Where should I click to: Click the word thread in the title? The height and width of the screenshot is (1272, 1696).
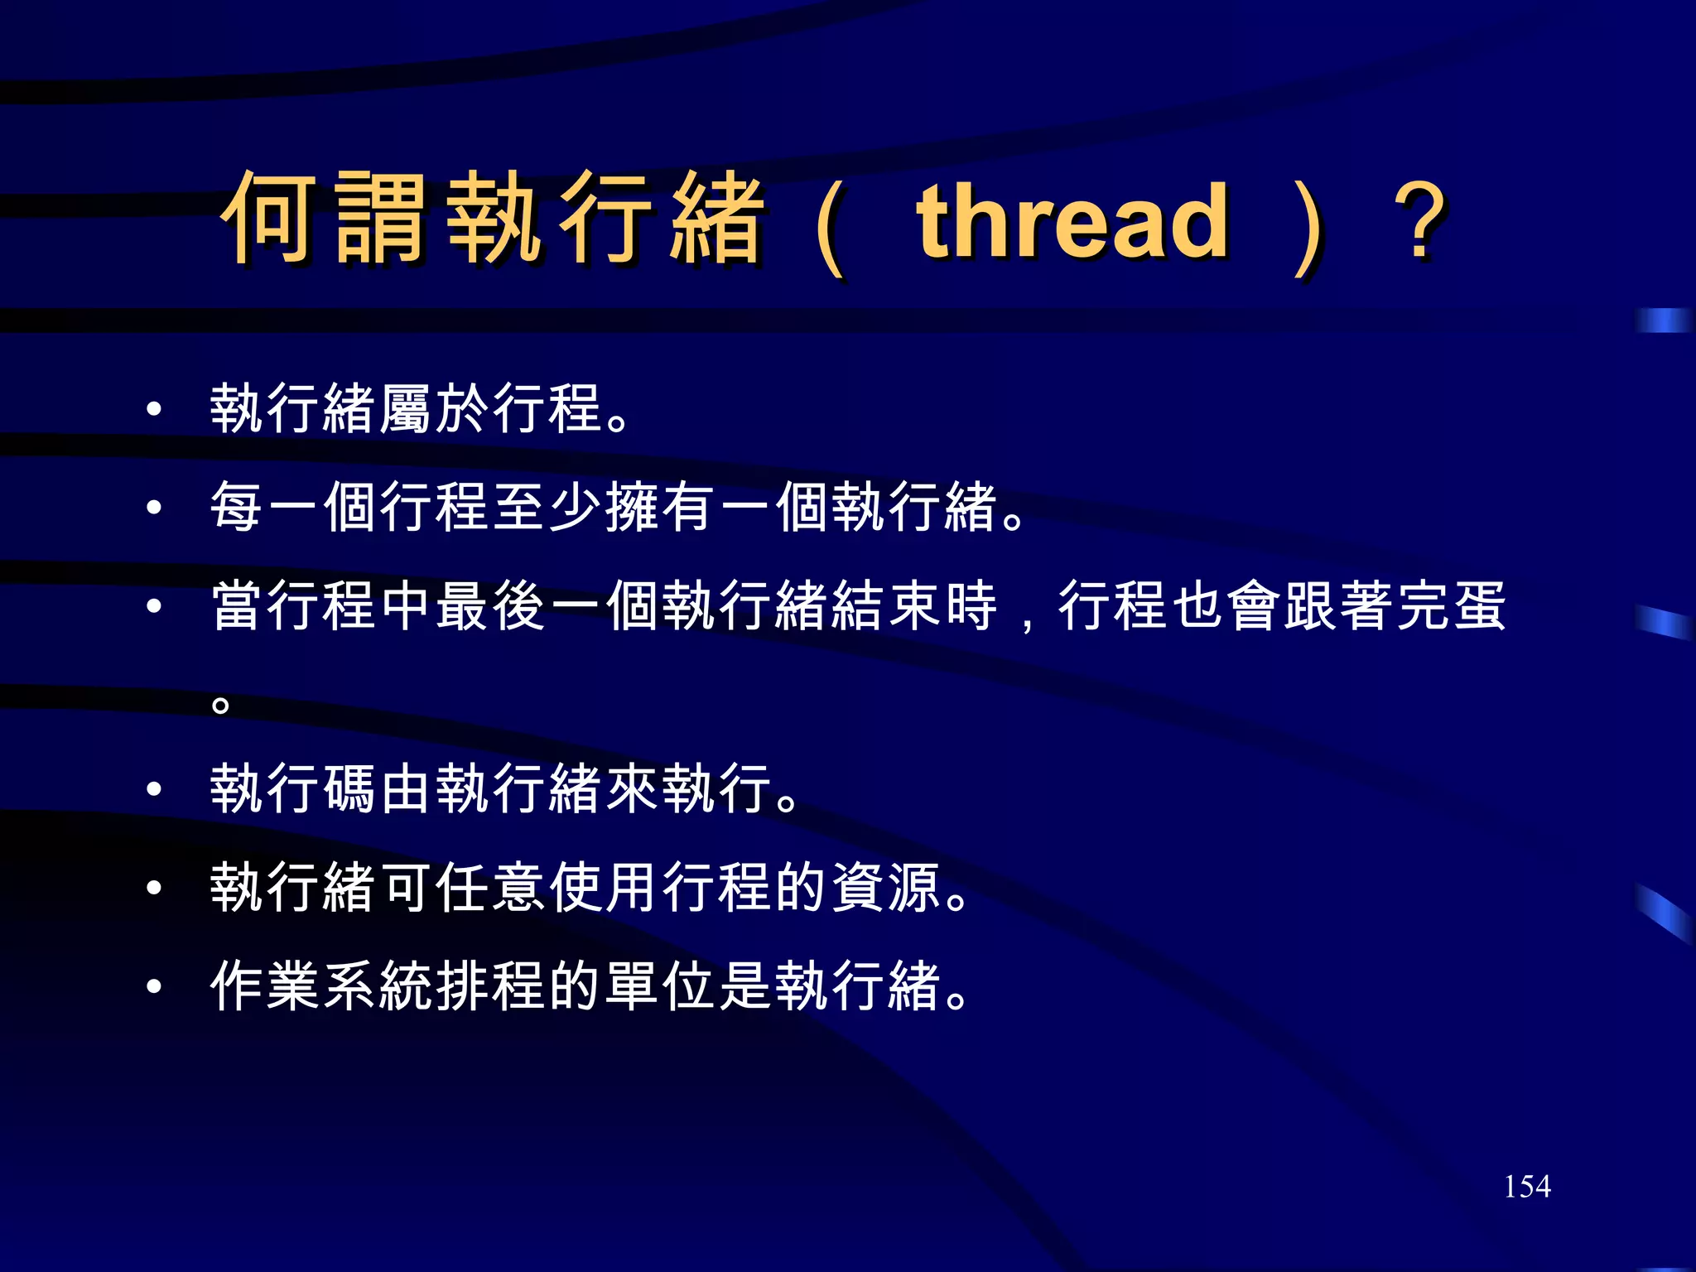pyautogui.click(x=1072, y=221)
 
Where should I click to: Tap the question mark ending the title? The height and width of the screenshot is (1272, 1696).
pyautogui.click(x=1419, y=221)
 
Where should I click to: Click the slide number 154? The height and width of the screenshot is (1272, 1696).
pyautogui.click(x=1527, y=1187)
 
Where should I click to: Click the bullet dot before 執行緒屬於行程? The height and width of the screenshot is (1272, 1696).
pyautogui.click(x=153, y=409)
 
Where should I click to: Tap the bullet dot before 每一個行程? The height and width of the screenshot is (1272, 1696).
pyautogui.click(x=153, y=507)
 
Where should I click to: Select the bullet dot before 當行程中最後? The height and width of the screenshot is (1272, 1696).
pyautogui.click(x=153, y=606)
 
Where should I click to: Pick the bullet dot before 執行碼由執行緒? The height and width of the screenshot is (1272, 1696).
pyautogui.click(x=153, y=788)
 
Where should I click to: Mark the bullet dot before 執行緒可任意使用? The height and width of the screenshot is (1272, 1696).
pyautogui.click(x=153, y=888)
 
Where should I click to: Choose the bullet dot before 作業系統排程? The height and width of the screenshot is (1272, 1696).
pyautogui.click(x=153, y=986)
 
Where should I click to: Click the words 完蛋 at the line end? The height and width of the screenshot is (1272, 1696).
pyautogui.click(x=1452, y=606)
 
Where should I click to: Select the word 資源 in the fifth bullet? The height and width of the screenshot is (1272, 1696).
pyautogui.click(x=885, y=888)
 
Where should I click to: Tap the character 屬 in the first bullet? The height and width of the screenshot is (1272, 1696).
pyautogui.click(x=406, y=409)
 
